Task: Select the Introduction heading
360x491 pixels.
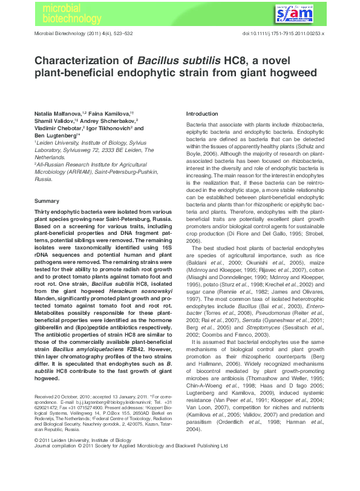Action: tap(202, 114)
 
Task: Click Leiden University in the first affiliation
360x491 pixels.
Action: tap(56, 143)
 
